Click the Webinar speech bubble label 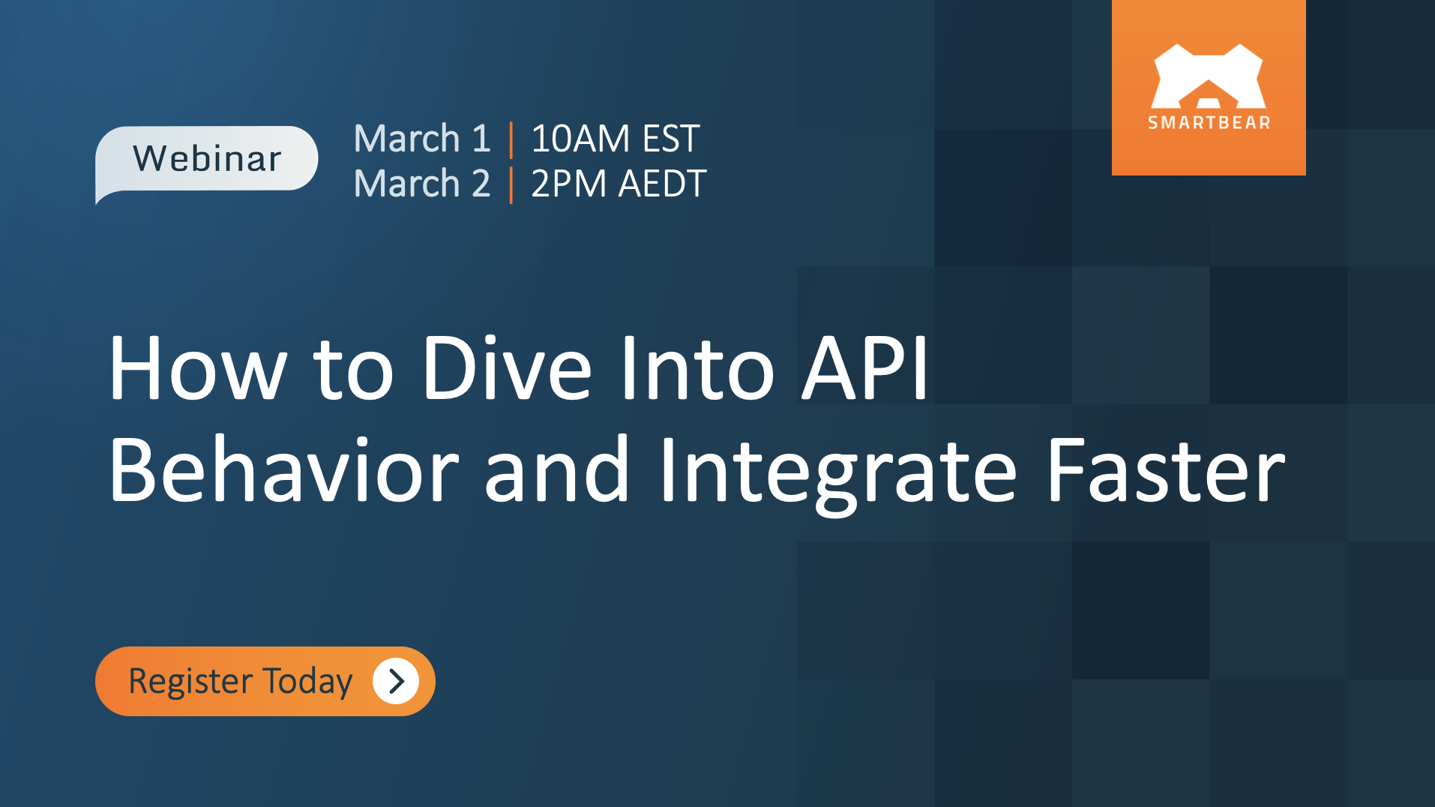pos(207,159)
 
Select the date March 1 pos(422,139)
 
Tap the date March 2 pos(422,184)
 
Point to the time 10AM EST pos(615,139)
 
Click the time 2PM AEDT pos(619,184)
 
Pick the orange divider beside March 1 pos(511,140)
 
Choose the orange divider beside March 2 pos(511,185)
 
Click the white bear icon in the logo pos(1209,76)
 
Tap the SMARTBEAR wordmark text pos(1209,123)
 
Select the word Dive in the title pos(507,368)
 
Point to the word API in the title pos(865,368)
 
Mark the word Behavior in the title pos(283,470)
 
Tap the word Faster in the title pos(1165,470)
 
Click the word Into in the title pos(697,368)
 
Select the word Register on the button pos(190,682)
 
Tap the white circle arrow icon pos(396,681)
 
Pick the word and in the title pos(556,470)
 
